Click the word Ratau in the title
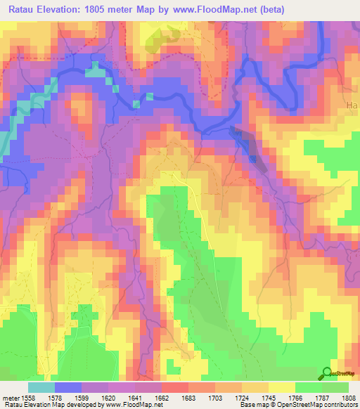pos(25,9)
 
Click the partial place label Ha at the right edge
pos(353,105)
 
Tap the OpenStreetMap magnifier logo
pos(328,375)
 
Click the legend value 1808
pos(349,398)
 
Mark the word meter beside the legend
pos(12,398)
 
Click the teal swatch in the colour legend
pos(41,387)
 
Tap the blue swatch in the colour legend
pos(67,387)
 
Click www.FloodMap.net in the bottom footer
pos(134,405)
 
